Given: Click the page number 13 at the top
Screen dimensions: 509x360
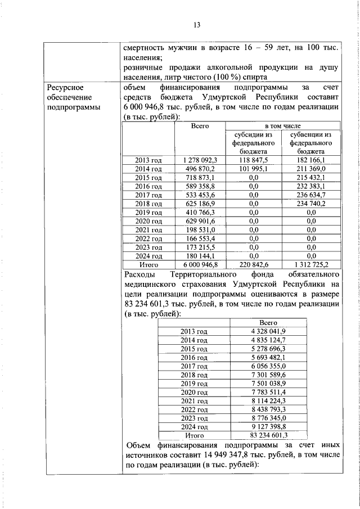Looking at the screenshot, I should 197,24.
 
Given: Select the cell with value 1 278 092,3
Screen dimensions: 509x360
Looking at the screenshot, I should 200,160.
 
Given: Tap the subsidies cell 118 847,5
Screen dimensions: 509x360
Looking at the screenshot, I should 253,160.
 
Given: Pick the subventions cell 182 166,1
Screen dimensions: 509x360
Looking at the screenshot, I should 310,160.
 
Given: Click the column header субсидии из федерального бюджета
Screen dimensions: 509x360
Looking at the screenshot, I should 253,143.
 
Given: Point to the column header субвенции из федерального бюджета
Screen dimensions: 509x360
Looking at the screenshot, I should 310,143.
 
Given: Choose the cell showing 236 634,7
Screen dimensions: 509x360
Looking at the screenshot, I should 310,195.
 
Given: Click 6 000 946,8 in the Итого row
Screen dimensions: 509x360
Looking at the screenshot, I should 200,264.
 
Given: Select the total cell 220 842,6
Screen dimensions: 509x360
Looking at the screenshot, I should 253,264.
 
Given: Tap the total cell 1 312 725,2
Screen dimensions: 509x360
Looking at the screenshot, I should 310,264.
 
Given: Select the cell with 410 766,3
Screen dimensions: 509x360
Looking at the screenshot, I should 200,212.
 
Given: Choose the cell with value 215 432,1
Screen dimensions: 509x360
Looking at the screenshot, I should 310,178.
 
